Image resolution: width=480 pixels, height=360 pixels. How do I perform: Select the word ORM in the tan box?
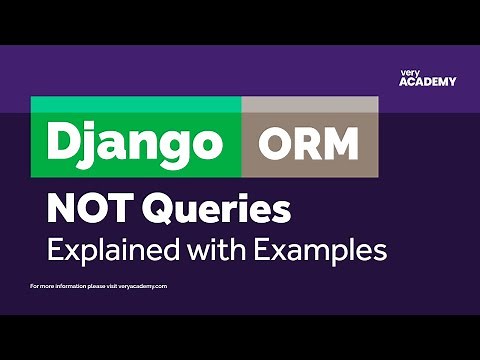(309, 146)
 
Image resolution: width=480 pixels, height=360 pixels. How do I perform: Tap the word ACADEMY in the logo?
(420, 82)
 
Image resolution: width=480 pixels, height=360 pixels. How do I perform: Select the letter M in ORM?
(340, 146)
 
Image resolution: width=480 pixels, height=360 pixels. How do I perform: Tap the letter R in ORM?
(308, 146)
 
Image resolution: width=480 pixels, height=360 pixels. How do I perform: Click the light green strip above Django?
(136, 104)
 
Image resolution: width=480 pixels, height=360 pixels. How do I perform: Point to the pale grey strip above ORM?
(309, 104)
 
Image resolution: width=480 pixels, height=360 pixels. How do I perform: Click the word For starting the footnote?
(36, 286)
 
